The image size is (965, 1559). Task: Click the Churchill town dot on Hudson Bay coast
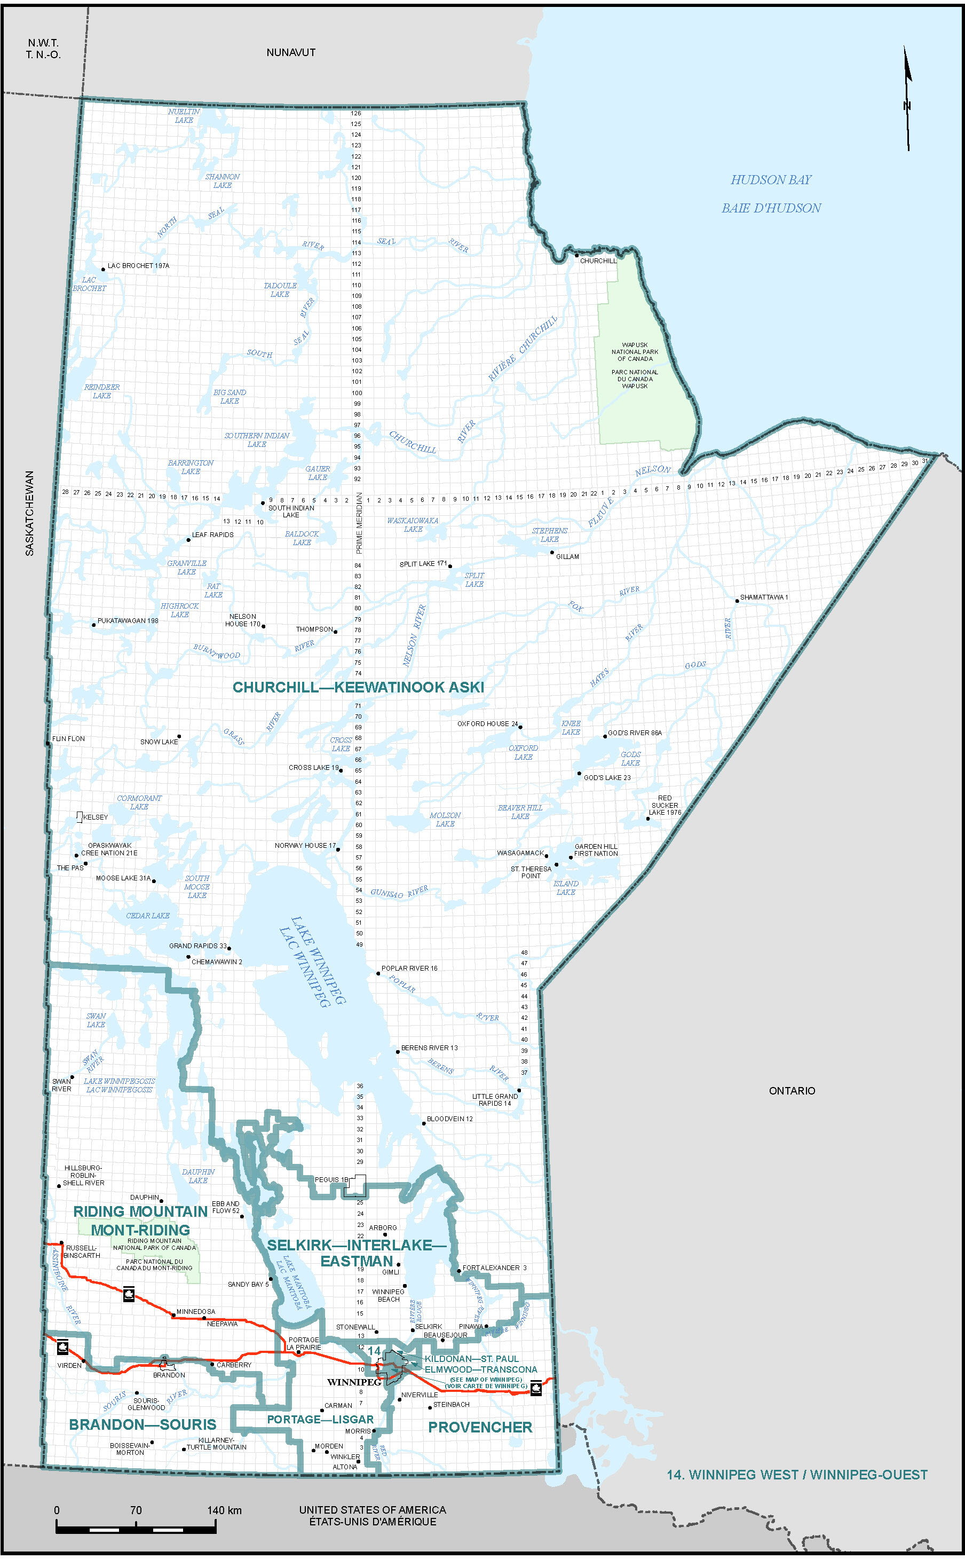click(576, 255)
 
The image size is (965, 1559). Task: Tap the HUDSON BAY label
click(770, 180)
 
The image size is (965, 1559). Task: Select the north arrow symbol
click(907, 99)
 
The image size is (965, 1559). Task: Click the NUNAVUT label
click(290, 52)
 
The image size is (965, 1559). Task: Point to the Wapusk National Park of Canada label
click(635, 352)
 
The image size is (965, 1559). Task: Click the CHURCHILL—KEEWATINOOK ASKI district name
click(358, 687)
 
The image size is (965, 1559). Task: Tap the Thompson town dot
click(336, 632)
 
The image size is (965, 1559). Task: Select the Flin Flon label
click(68, 738)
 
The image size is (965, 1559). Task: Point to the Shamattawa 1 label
click(764, 597)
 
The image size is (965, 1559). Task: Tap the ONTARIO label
click(792, 1090)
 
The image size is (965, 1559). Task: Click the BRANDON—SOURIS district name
click(143, 1424)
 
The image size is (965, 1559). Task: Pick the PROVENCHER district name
click(480, 1427)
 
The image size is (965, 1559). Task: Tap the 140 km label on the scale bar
click(224, 1510)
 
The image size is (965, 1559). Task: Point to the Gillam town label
click(567, 557)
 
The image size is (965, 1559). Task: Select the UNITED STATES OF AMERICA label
click(372, 1509)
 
